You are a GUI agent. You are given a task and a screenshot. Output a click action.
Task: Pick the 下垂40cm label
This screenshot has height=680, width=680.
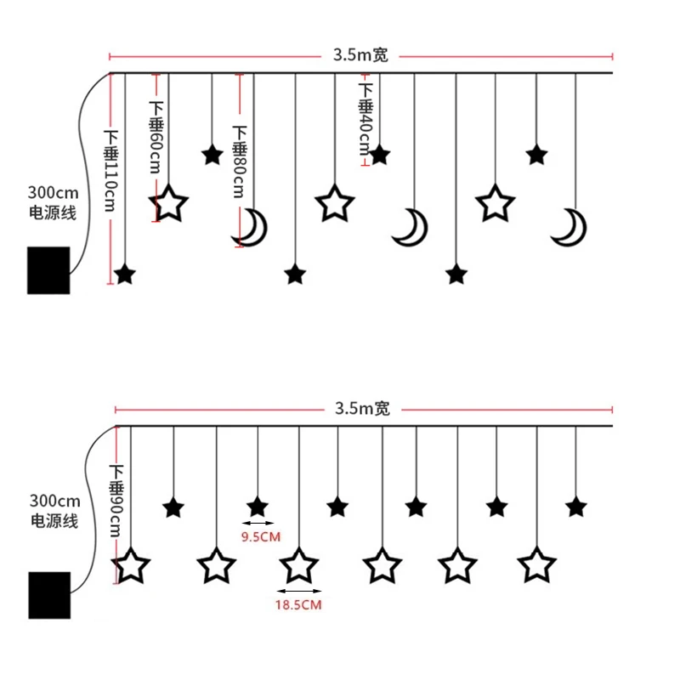[x=365, y=119]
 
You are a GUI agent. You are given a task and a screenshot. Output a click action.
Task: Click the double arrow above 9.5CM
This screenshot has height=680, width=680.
[x=258, y=523]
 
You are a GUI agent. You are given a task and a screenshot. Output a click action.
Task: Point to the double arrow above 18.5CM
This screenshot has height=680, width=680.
[x=300, y=591]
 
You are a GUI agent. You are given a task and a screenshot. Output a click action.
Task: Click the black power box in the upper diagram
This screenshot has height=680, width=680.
[x=48, y=269]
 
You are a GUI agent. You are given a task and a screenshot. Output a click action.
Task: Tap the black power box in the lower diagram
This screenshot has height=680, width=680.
[x=49, y=595]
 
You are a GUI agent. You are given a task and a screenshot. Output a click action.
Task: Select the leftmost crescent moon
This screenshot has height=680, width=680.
[x=251, y=228]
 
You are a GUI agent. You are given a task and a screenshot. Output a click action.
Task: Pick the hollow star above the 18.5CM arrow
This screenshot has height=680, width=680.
[x=299, y=565]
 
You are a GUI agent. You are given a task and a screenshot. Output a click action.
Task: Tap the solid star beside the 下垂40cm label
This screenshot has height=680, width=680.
[x=379, y=155]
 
